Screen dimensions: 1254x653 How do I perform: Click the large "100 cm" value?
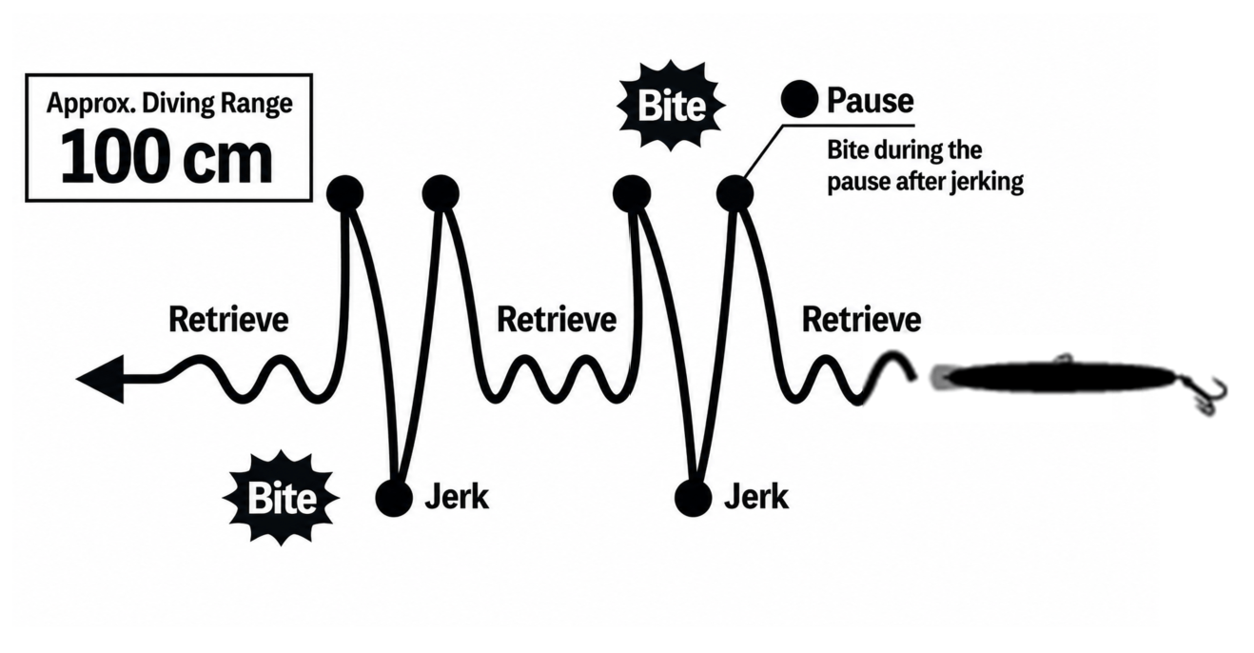click(x=167, y=157)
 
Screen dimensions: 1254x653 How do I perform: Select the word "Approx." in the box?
click(x=90, y=104)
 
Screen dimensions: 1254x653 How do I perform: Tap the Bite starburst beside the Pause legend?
click(x=671, y=106)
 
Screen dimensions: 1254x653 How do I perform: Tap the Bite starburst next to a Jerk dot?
click(x=281, y=498)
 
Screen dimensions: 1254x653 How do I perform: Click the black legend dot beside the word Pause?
click(x=799, y=99)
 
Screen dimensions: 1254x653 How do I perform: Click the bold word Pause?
click(x=870, y=101)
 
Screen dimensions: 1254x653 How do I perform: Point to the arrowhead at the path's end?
click(x=101, y=379)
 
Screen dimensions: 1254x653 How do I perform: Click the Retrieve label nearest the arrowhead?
click(x=228, y=320)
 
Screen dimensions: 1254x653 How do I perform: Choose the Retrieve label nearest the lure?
click(x=861, y=320)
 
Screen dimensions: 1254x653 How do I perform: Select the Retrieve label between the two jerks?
click(x=557, y=320)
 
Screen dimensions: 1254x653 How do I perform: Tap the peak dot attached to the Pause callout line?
click(x=735, y=194)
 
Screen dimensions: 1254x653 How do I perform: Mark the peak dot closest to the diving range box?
click(x=344, y=194)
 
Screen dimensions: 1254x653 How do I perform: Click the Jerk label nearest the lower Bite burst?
click(x=457, y=497)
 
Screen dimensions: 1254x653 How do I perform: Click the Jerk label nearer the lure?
click(x=756, y=497)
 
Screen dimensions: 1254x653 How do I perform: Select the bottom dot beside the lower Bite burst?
click(x=394, y=498)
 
